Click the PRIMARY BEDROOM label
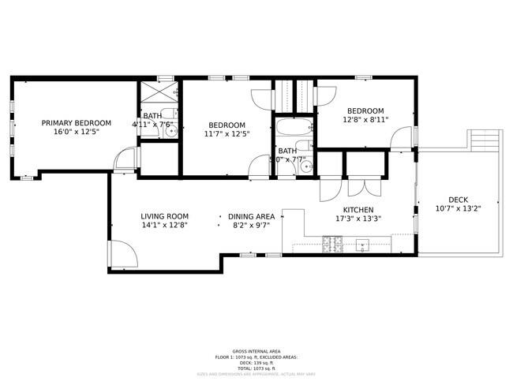[77, 123]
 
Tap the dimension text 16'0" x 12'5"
[77, 133]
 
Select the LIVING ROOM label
[164, 216]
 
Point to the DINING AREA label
[251, 216]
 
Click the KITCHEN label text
[358, 210]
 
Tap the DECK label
[458, 200]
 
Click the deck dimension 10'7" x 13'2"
[458, 209]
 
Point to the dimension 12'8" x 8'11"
[365, 120]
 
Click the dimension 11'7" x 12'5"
[227, 134]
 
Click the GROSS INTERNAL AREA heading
[256, 351]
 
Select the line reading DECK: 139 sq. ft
[256, 362]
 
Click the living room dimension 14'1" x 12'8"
[164, 226]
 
